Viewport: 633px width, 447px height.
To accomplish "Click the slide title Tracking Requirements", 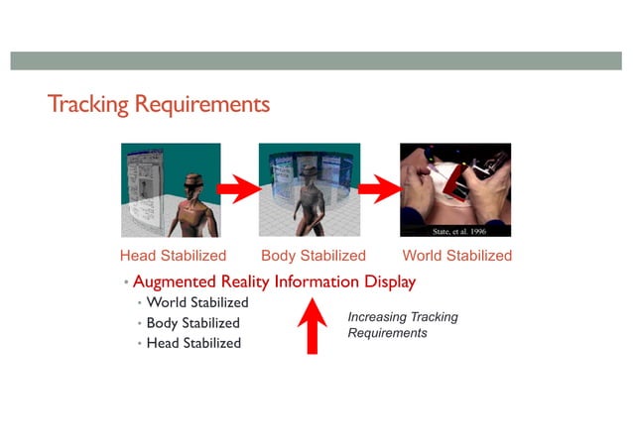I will [x=158, y=104].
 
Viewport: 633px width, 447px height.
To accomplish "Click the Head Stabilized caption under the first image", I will [x=173, y=256].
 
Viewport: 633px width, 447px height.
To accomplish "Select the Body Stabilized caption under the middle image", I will [x=313, y=256].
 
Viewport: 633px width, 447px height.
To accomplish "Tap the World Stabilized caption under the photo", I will [x=456, y=256].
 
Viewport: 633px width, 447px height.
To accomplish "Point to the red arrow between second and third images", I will [x=378, y=186].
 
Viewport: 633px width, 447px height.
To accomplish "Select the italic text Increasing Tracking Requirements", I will [x=402, y=325].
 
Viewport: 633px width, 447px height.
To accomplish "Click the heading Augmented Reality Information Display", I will [x=274, y=282].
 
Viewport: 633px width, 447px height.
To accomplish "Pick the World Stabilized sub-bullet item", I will [x=197, y=302].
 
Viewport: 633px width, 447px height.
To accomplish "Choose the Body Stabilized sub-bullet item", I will [x=193, y=323].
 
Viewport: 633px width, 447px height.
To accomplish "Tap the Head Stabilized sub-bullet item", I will [x=193, y=343].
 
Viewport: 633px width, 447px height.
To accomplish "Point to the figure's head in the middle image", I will [x=309, y=172].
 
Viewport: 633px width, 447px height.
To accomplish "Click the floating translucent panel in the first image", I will [x=144, y=188].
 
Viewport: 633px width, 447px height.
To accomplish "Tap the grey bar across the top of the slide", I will [x=316, y=60].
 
